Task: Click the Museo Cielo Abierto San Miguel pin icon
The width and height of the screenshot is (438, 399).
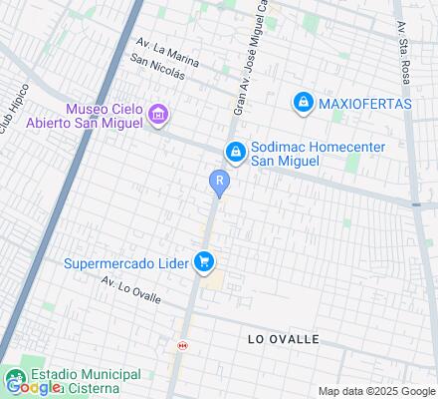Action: click(x=157, y=117)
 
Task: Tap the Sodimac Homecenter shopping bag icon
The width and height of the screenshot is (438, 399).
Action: click(x=236, y=152)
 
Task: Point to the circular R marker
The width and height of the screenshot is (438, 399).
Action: click(x=219, y=182)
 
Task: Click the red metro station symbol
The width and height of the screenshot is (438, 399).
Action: click(x=181, y=345)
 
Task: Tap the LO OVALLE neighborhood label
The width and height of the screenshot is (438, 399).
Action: click(x=283, y=339)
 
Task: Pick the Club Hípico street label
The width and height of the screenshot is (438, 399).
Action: click(x=9, y=119)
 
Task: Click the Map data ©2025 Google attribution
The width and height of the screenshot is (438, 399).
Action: click(x=377, y=391)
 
